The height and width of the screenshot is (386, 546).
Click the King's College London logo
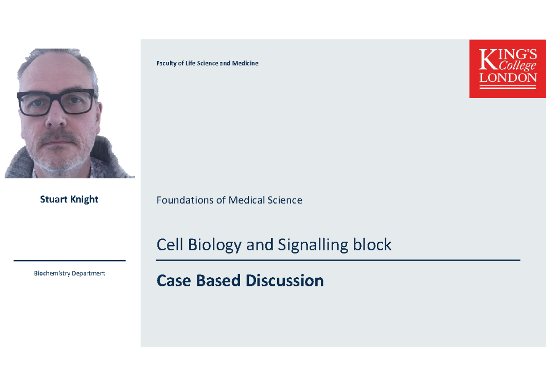coord(507,69)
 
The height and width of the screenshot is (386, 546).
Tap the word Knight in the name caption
coord(84,200)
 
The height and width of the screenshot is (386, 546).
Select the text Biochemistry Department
coord(70,273)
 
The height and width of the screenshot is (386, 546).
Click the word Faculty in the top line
coord(167,63)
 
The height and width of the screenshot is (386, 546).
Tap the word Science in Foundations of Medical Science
coord(284,200)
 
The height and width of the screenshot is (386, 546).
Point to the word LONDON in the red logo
coord(508,78)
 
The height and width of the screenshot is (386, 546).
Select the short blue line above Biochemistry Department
coord(70,261)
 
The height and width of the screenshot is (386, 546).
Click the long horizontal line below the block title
coord(338,261)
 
